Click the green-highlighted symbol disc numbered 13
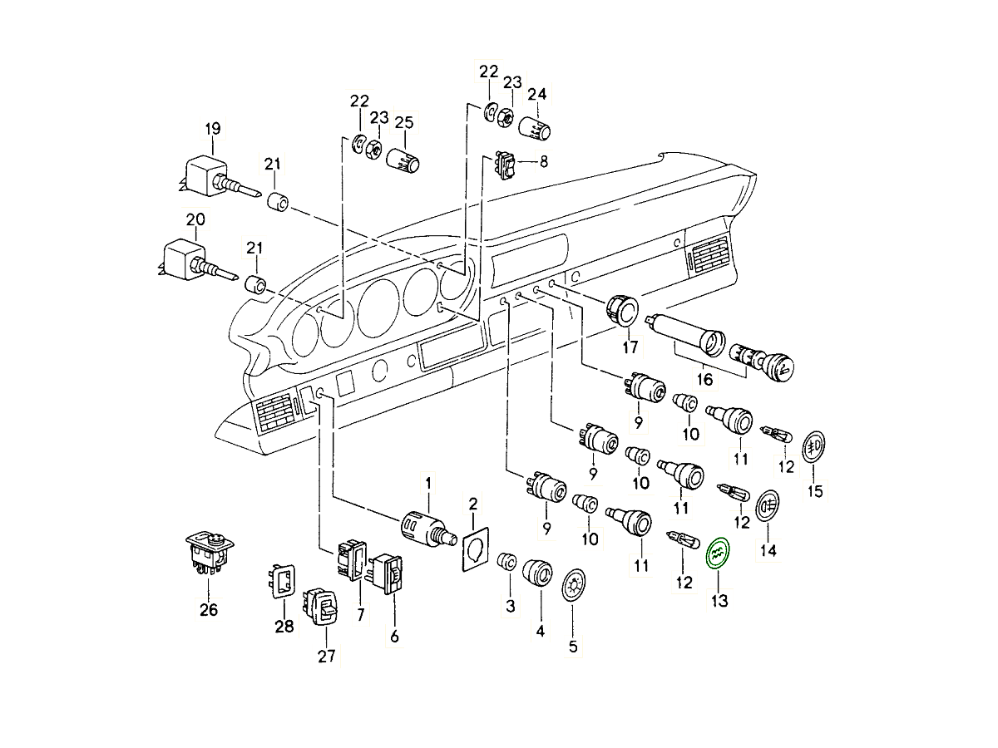point(717,552)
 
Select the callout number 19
point(212,128)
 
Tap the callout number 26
point(208,610)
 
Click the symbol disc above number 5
point(573,587)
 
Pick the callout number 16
point(704,379)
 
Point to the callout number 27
point(326,656)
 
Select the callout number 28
point(284,627)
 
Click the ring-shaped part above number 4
point(537,573)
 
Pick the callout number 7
point(360,614)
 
